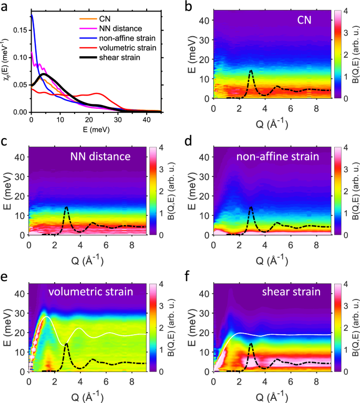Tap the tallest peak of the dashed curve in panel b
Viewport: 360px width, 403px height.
251,70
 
